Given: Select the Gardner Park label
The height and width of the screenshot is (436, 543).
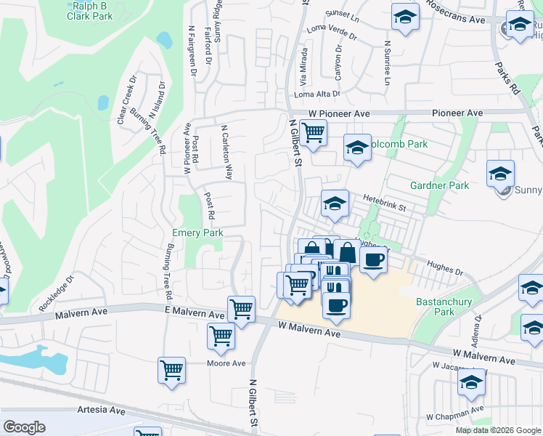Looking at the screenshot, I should (439, 185).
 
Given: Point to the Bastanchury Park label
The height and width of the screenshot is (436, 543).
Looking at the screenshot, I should (444, 307).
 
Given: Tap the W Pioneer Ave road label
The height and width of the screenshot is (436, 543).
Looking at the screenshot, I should (339, 114).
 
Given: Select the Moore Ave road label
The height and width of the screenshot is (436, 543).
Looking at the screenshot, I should (228, 363).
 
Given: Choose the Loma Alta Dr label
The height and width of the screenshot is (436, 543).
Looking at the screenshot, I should (317, 94).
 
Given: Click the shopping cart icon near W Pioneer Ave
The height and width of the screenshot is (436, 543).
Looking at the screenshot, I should (314, 133).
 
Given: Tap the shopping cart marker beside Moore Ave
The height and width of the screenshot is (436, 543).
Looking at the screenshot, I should (172, 369).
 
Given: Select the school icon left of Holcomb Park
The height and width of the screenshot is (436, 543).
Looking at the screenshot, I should (356, 148).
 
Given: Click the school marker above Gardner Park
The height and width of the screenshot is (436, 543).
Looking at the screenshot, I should (500, 173).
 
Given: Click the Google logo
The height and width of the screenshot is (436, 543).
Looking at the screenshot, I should (24, 427).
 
